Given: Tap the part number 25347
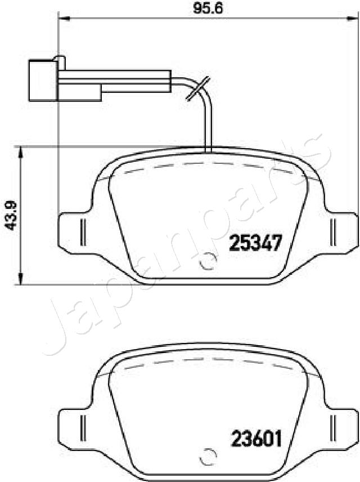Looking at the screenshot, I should point(254,244).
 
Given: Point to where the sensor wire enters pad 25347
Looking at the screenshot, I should point(209,150).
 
